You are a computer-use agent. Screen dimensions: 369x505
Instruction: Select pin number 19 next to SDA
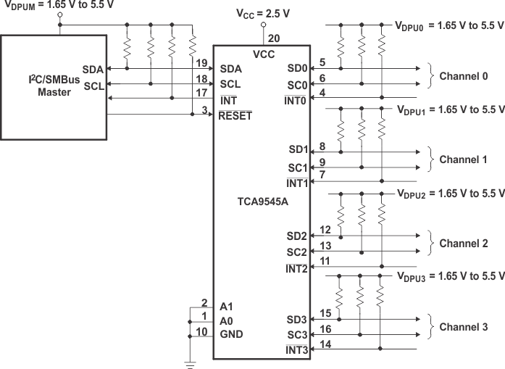(x=203, y=62)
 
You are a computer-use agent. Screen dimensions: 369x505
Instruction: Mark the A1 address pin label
(x=227, y=305)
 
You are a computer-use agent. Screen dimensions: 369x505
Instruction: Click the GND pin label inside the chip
(x=231, y=334)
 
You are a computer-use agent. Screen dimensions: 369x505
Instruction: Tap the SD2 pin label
(x=296, y=236)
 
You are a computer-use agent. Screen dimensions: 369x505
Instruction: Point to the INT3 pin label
(x=296, y=351)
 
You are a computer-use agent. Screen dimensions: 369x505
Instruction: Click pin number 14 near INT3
(x=325, y=344)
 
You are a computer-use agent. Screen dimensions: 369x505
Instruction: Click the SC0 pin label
(x=296, y=85)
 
